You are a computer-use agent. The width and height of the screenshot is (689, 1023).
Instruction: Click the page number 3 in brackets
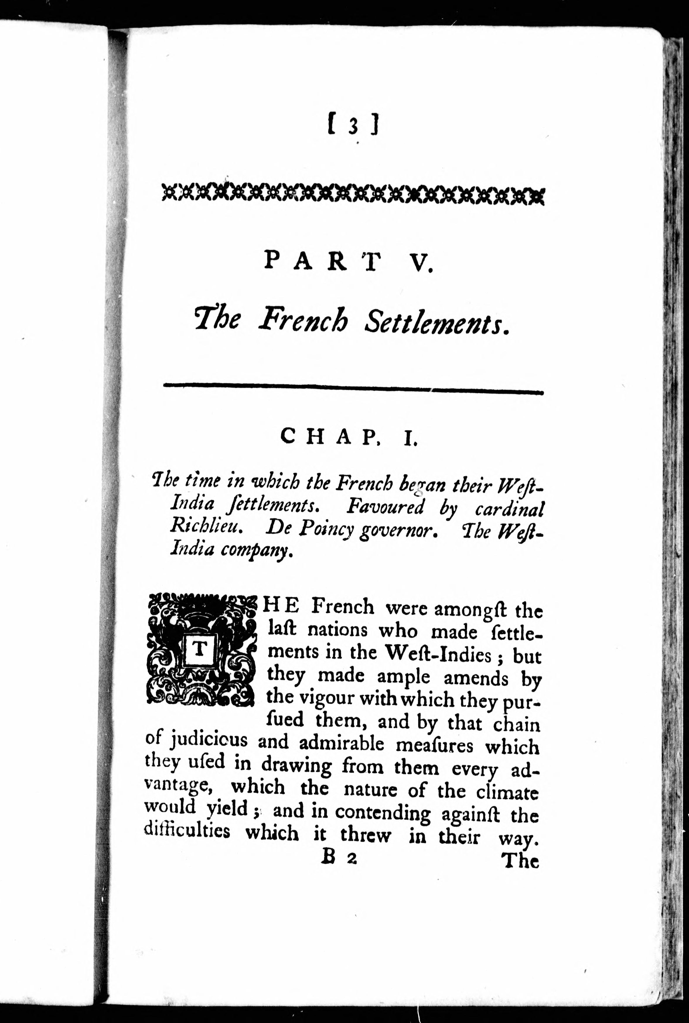353,125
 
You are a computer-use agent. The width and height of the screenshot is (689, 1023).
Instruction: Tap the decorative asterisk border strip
353,194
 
